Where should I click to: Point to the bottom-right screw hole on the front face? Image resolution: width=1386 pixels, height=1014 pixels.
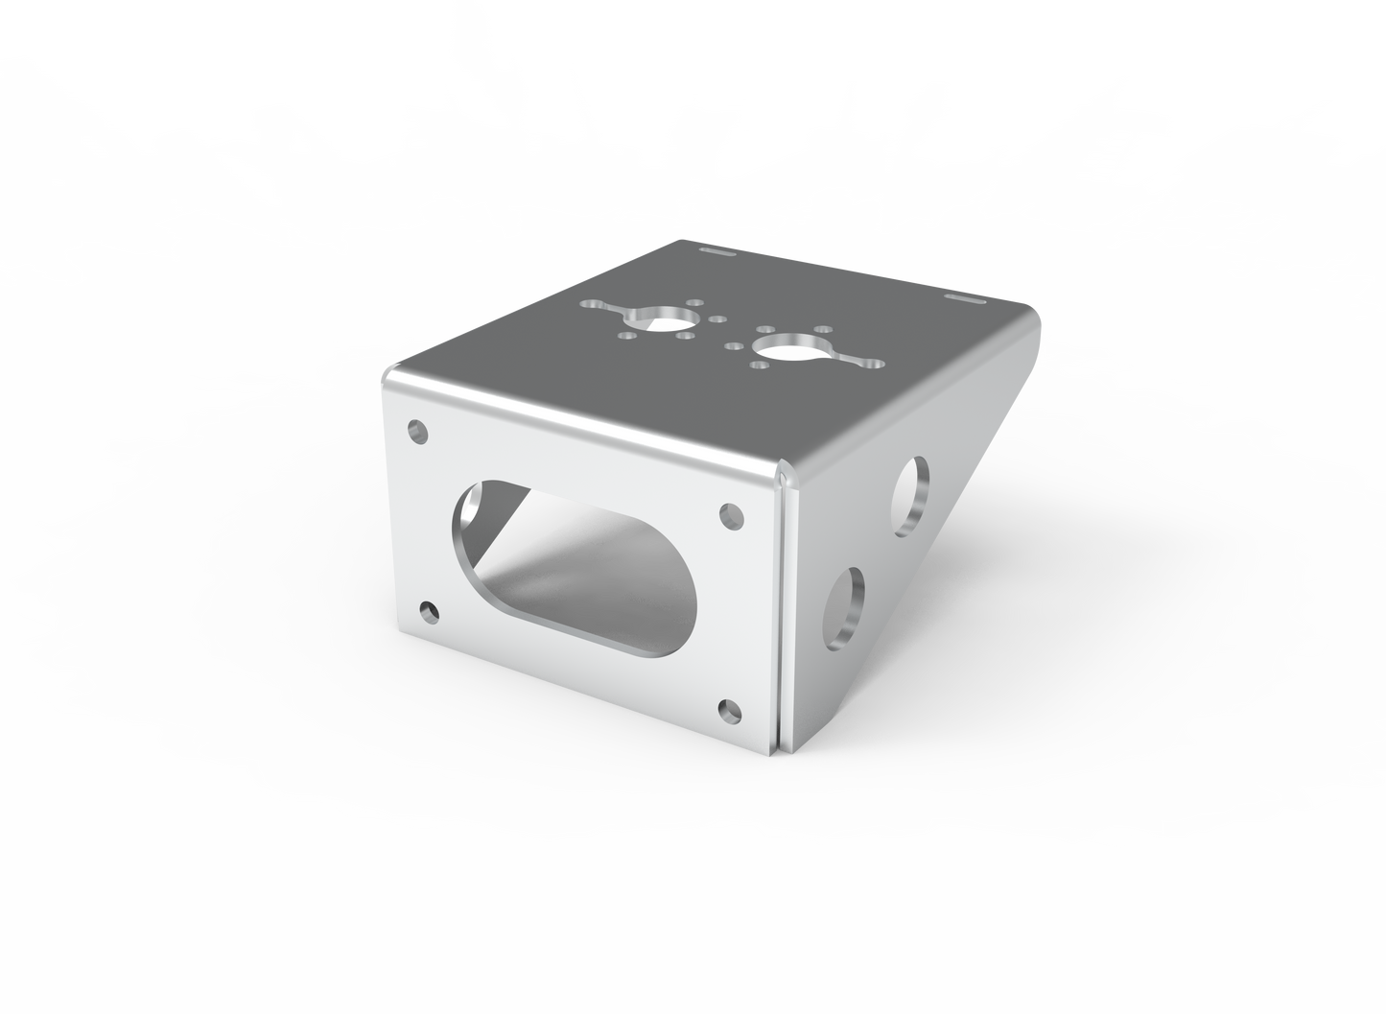(x=730, y=710)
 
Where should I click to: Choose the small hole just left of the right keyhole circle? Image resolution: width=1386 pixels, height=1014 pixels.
(x=735, y=344)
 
